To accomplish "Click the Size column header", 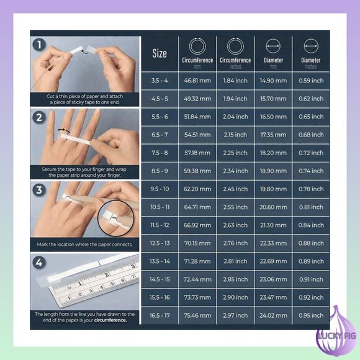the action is coord(160,54).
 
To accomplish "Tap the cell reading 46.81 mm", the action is coord(197,81).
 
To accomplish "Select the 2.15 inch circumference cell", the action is coord(235,135).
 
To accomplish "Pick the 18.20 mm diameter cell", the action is coord(273,153).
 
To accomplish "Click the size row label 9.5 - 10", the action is coord(160,189).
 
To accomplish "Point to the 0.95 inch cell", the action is coord(311,315).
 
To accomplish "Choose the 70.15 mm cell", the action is coord(197,243).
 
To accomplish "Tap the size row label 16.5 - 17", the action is coord(160,315).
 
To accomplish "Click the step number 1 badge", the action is coord(39,45).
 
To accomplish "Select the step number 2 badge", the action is coord(39,117).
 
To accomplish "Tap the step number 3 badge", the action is coord(39,190).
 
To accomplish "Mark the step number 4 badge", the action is coord(39,263).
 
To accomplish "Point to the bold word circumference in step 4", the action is coord(110,320).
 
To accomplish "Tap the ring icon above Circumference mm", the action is coord(197,46).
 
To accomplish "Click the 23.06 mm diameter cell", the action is coord(273,279).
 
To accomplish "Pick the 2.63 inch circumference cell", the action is coord(235,225).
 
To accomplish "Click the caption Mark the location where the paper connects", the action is coord(84,245).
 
